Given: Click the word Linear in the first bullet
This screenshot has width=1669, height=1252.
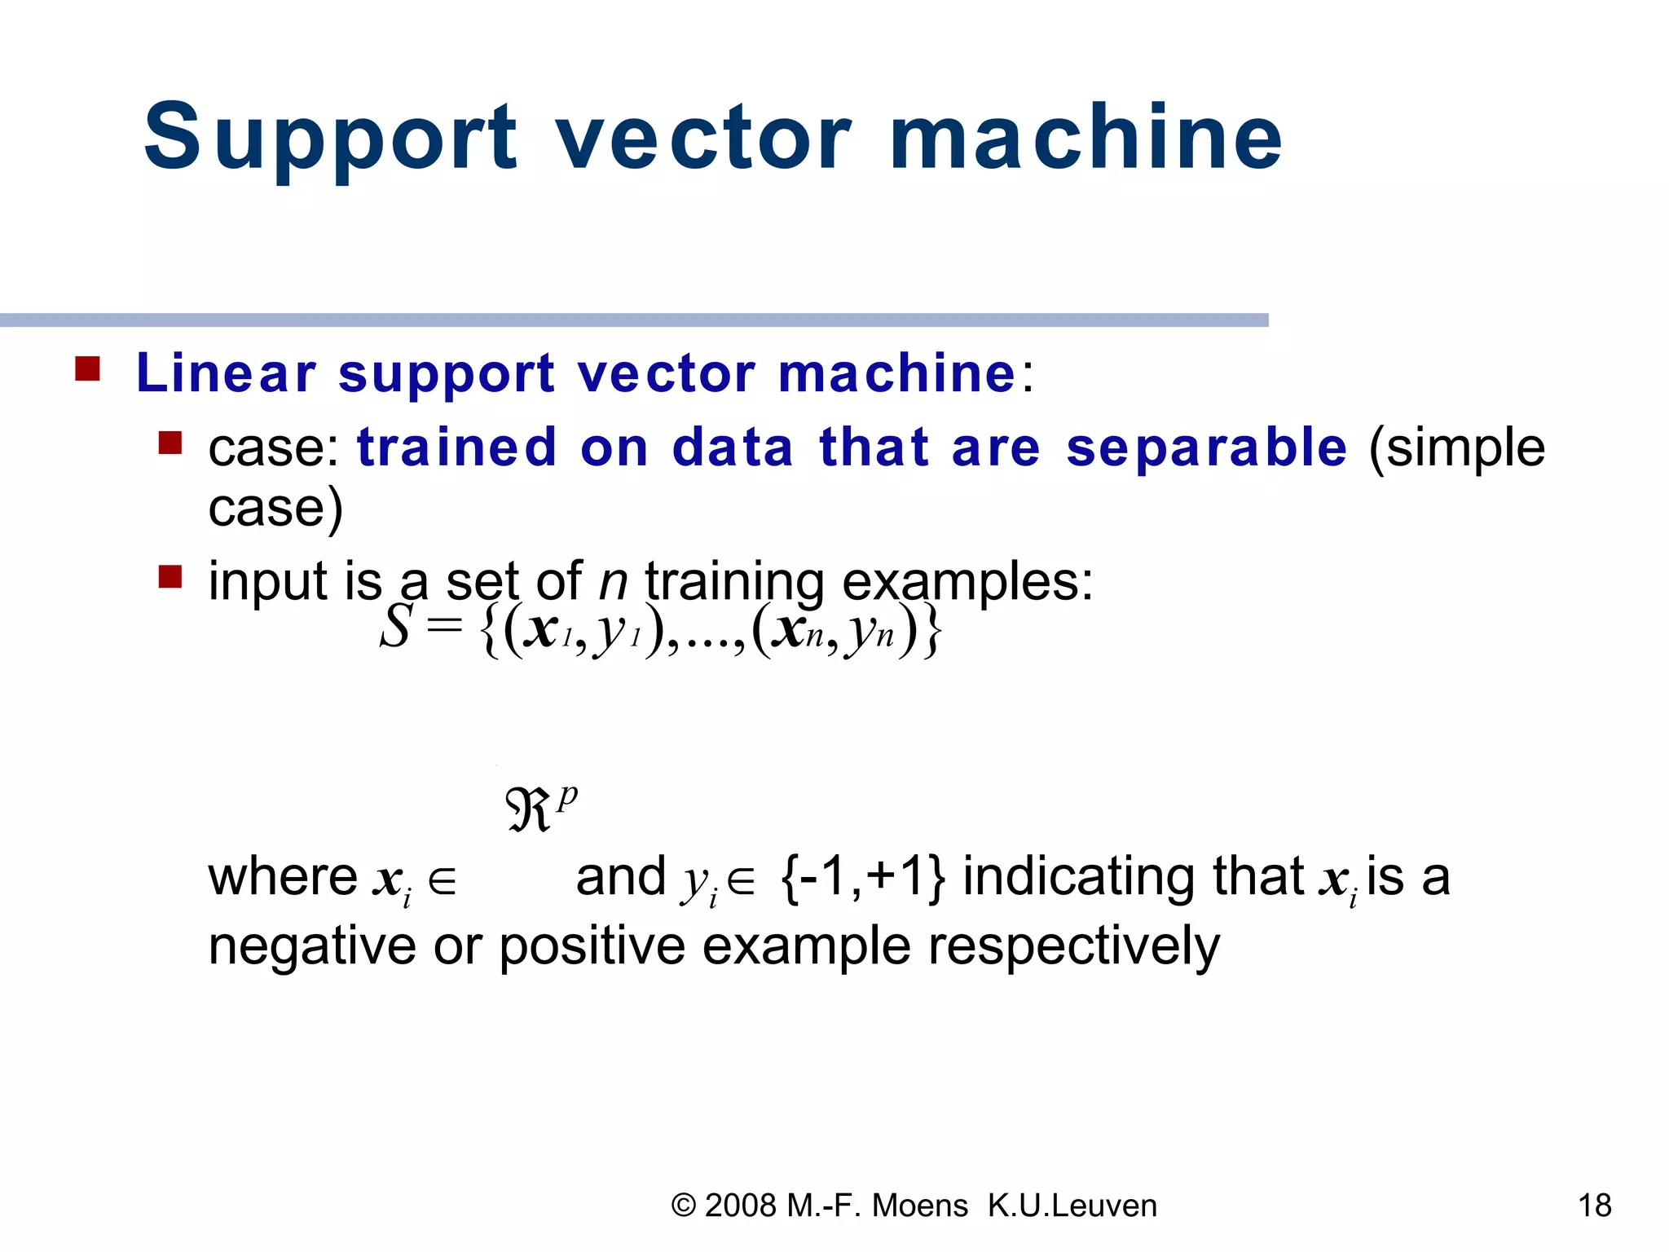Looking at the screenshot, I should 226,373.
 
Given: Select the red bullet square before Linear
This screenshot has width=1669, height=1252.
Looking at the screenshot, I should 87,369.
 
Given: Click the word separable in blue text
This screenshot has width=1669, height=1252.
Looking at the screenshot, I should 1206,447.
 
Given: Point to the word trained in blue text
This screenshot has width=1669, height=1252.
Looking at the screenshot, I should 456,447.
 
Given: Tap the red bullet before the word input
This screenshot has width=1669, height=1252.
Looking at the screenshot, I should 170,577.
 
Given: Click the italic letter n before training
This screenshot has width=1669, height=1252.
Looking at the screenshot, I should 613,582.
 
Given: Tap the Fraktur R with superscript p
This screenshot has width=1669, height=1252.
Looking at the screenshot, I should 539,808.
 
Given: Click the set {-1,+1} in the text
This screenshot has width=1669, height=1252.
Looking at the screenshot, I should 862,877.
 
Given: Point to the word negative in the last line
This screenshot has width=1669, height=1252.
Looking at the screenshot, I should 312,947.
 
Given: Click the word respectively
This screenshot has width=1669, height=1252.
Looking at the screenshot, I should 1073,947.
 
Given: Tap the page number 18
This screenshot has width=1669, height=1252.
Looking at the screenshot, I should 1594,1205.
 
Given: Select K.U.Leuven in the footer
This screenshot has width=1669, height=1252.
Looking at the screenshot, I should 1072,1206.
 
